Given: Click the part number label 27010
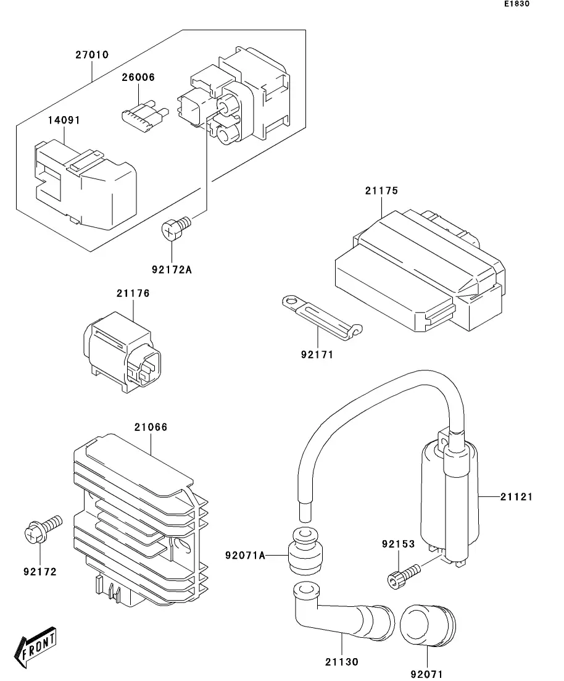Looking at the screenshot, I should coord(92,55).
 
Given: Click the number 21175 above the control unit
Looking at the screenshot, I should coord(381,191).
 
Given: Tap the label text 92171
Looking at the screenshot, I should coord(317,355).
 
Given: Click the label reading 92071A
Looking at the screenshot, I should coord(244,556).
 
